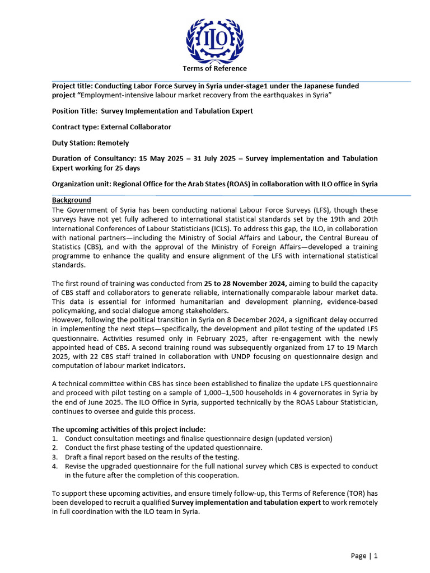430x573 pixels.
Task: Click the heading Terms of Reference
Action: click(x=214, y=68)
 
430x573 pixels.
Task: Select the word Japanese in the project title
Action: click(x=317, y=86)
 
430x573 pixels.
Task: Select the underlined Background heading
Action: click(x=72, y=200)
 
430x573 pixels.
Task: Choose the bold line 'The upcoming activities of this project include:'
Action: click(x=129, y=429)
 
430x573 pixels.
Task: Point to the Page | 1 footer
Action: click(x=364, y=556)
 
